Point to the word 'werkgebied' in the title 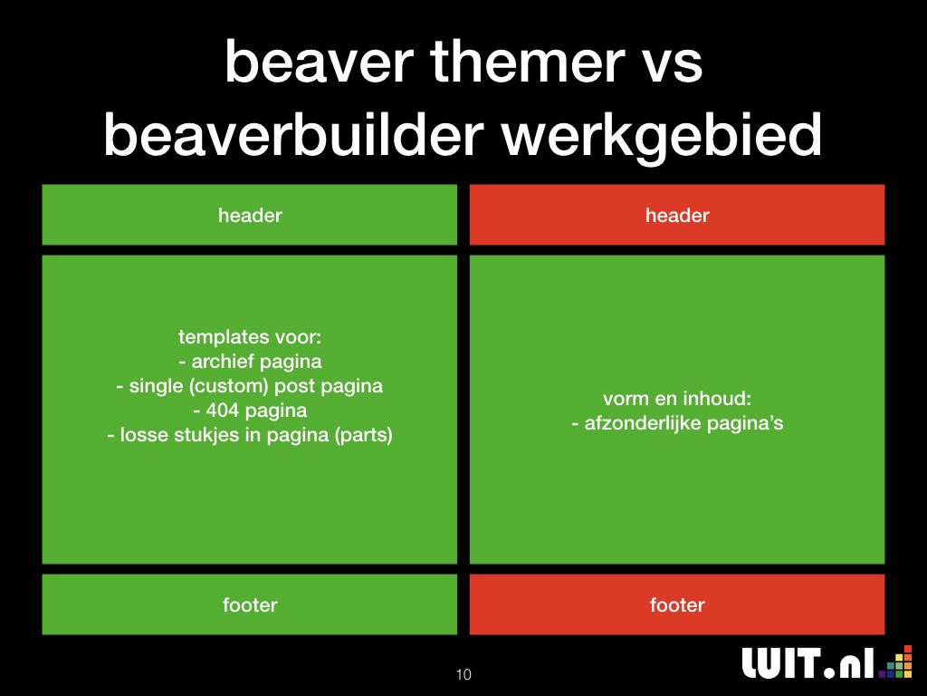click(x=662, y=138)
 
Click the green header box click(x=250, y=215)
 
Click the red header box click(x=677, y=215)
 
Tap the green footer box click(x=250, y=604)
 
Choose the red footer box click(x=677, y=604)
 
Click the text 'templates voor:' click(x=250, y=337)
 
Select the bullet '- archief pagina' click(x=250, y=362)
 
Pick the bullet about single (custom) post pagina click(x=250, y=386)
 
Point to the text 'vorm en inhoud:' click(x=677, y=399)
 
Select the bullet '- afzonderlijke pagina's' click(x=677, y=423)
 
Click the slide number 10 click(x=463, y=674)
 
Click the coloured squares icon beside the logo click(x=895, y=662)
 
